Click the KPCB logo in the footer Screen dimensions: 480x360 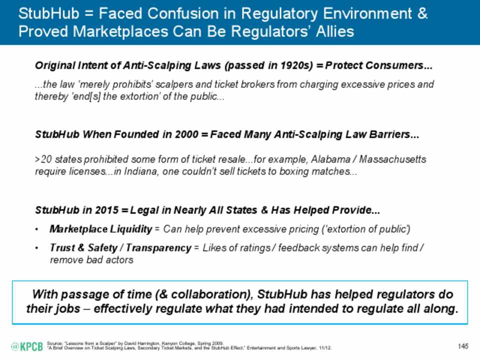pyautogui.click(x=27, y=346)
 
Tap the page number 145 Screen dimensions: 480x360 pyautogui.click(x=463, y=346)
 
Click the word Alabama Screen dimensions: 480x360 pyautogui.click(x=330, y=159)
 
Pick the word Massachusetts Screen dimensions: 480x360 pyautogui.click(x=392, y=159)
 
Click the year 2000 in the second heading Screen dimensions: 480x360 pyautogui.click(x=186, y=134)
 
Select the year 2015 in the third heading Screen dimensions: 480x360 pyautogui.click(x=106, y=210)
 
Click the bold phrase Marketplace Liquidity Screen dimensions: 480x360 pyautogui.click(x=100, y=229)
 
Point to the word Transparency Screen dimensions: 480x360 pyautogui.click(x=158, y=247)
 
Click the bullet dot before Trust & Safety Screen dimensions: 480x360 pyautogui.click(x=36, y=248)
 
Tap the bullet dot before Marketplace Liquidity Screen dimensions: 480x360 pyautogui.click(x=36, y=229)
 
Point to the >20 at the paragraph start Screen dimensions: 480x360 pyautogui.click(x=43, y=159)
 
